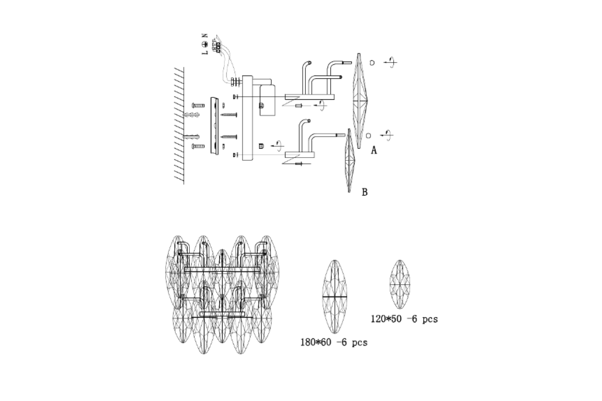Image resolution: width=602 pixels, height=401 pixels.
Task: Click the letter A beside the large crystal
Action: pyautogui.click(x=374, y=150)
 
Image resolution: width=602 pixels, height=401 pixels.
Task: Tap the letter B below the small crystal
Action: pyautogui.click(x=364, y=192)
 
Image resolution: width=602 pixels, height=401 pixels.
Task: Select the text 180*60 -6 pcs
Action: pyautogui.click(x=334, y=343)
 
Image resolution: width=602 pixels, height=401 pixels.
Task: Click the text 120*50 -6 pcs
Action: pyautogui.click(x=404, y=319)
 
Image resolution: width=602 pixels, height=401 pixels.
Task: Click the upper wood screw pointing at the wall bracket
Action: pyautogui.click(x=229, y=115)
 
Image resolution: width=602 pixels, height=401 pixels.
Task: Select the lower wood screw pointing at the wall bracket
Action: pyautogui.click(x=229, y=137)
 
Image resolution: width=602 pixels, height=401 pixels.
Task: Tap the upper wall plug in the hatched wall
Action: pyautogui.click(x=193, y=115)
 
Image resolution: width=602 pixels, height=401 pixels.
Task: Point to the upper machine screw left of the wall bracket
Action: pyautogui.click(x=198, y=105)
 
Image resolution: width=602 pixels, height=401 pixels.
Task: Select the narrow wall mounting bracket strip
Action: pyautogui.click(x=216, y=125)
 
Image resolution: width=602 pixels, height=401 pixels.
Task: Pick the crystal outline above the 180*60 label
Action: pyautogui.click(x=334, y=297)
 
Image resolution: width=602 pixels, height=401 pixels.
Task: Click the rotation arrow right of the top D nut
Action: pyautogui.click(x=390, y=63)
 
